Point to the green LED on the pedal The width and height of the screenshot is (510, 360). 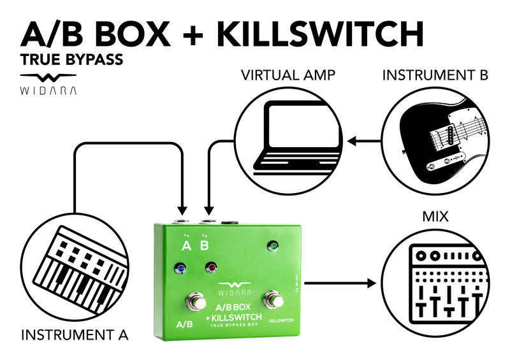273,245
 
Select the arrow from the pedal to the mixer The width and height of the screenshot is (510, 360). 341,281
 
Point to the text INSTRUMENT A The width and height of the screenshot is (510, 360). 75,333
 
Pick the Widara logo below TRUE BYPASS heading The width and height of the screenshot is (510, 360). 49,83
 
